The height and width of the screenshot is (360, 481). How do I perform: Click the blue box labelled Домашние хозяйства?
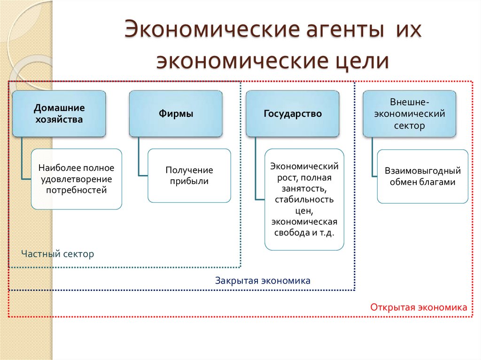[x=59, y=114]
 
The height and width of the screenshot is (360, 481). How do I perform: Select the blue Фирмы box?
[x=176, y=114]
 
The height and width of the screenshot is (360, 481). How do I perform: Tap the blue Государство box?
[x=292, y=114]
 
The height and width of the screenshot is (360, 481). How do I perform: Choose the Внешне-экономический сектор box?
[x=409, y=114]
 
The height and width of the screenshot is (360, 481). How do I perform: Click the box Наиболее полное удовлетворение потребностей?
[x=76, y=179]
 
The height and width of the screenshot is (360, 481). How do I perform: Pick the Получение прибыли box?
[x=189, y=176]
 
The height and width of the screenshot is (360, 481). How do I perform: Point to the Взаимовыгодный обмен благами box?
[x=423, y=176]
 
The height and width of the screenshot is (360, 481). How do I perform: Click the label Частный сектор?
[x=58, y=254]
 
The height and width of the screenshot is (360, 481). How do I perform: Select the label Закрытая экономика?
[x=263, y=281]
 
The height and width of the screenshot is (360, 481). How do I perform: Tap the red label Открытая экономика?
[x=419, y=307]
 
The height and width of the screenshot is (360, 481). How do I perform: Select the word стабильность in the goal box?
[x=304, y=199]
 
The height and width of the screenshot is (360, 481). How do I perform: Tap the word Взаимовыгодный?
[x=423, y=171]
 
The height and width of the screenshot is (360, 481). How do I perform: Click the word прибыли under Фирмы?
[x=189, y=181]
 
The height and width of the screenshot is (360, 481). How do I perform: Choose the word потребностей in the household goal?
[x=76, y=190]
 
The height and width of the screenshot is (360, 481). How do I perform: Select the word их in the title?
[x=410, y=34]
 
